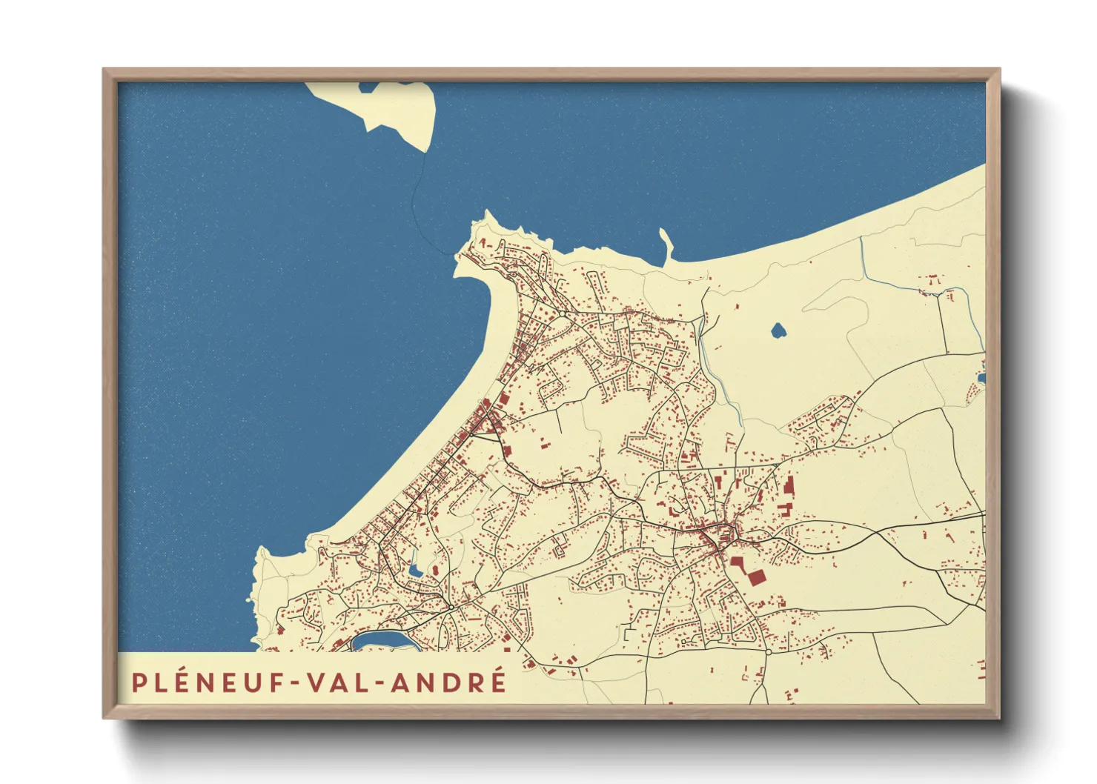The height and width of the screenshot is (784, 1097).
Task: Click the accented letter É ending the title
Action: coord(497,681)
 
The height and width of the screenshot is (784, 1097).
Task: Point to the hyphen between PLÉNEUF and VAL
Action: coord(296,683)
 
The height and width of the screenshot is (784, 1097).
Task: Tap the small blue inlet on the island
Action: coord(368,87)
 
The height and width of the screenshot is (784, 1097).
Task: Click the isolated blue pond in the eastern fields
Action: coord(778,330)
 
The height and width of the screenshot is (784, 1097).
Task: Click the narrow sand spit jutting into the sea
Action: coord(666,245)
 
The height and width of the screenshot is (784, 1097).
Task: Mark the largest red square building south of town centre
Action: coord(755,577)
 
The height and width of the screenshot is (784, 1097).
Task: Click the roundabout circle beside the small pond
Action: coord(451,607)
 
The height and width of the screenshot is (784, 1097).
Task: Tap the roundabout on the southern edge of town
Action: coord(769,652)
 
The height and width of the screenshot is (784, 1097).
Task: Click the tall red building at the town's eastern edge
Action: coord(789,486)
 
